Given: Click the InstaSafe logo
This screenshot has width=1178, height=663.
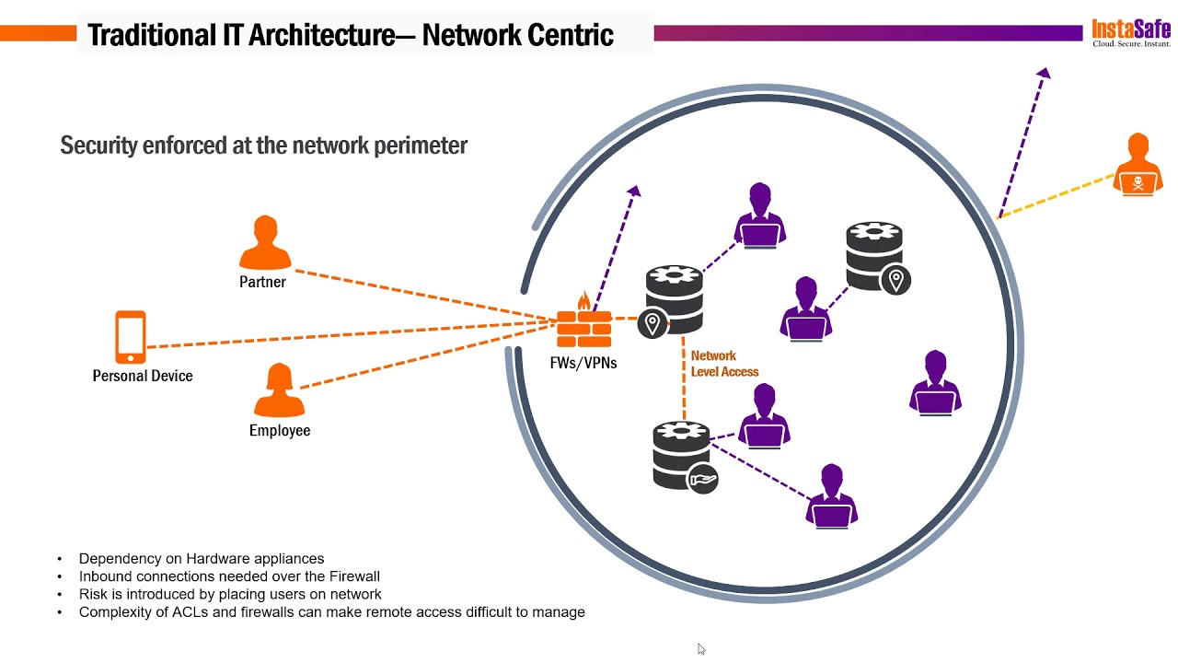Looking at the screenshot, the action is pos(1131,32).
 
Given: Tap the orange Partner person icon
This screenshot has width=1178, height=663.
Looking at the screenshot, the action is pos(265,242).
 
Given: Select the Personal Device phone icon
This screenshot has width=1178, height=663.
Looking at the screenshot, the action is pos(131,337).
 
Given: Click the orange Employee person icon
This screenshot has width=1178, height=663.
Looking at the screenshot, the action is pos(279,390).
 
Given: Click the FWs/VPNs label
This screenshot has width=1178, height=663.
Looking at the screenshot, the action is pos(583,363).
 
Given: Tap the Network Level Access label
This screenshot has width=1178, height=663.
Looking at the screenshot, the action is pos(724,364).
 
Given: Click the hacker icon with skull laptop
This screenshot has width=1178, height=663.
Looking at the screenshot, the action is pos(1138,165).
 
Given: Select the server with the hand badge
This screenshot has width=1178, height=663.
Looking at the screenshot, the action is pos(685,457).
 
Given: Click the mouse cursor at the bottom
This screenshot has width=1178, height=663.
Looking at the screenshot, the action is pos(701,649).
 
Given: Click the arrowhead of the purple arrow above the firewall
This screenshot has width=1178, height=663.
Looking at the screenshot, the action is pos(635,191).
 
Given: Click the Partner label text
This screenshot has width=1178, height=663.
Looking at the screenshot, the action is pos(262,282).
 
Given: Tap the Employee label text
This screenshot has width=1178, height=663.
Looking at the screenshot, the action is pos(280,430).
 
